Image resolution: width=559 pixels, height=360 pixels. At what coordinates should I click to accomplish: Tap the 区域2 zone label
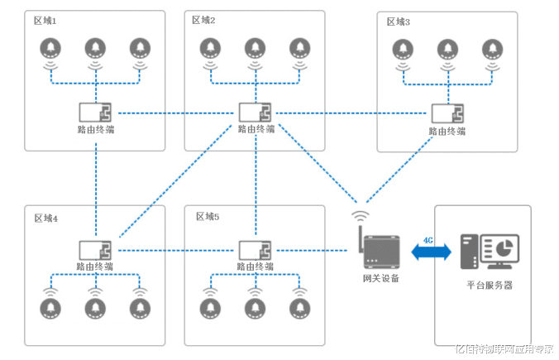point(203,20)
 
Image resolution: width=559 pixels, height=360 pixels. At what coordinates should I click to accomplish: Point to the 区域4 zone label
point(45,218)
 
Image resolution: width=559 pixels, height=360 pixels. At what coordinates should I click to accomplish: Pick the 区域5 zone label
point(207,217)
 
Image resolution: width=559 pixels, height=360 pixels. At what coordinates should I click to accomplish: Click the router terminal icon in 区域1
point(96,113)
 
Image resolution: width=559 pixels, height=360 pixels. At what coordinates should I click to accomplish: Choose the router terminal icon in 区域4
point(96,249)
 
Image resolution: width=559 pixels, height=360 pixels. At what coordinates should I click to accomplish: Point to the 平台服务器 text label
point(490,285)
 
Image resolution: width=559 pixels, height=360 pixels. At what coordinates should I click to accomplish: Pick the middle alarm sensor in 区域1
point(96,49)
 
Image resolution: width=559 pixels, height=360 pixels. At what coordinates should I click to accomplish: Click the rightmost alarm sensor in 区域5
point(299,307)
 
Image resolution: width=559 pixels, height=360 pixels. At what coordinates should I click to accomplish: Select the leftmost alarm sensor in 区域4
point(51,307)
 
